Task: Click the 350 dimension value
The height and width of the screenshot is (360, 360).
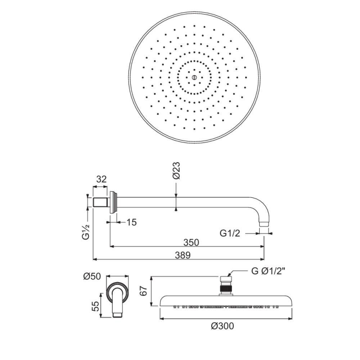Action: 191,242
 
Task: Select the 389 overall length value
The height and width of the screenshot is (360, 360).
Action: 183,255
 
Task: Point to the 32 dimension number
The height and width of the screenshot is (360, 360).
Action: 102,179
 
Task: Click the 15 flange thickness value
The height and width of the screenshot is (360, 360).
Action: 132,222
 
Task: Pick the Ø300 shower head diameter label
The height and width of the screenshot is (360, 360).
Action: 222,326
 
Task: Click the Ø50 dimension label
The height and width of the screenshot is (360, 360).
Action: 92,277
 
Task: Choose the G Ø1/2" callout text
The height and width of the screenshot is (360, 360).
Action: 268,271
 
